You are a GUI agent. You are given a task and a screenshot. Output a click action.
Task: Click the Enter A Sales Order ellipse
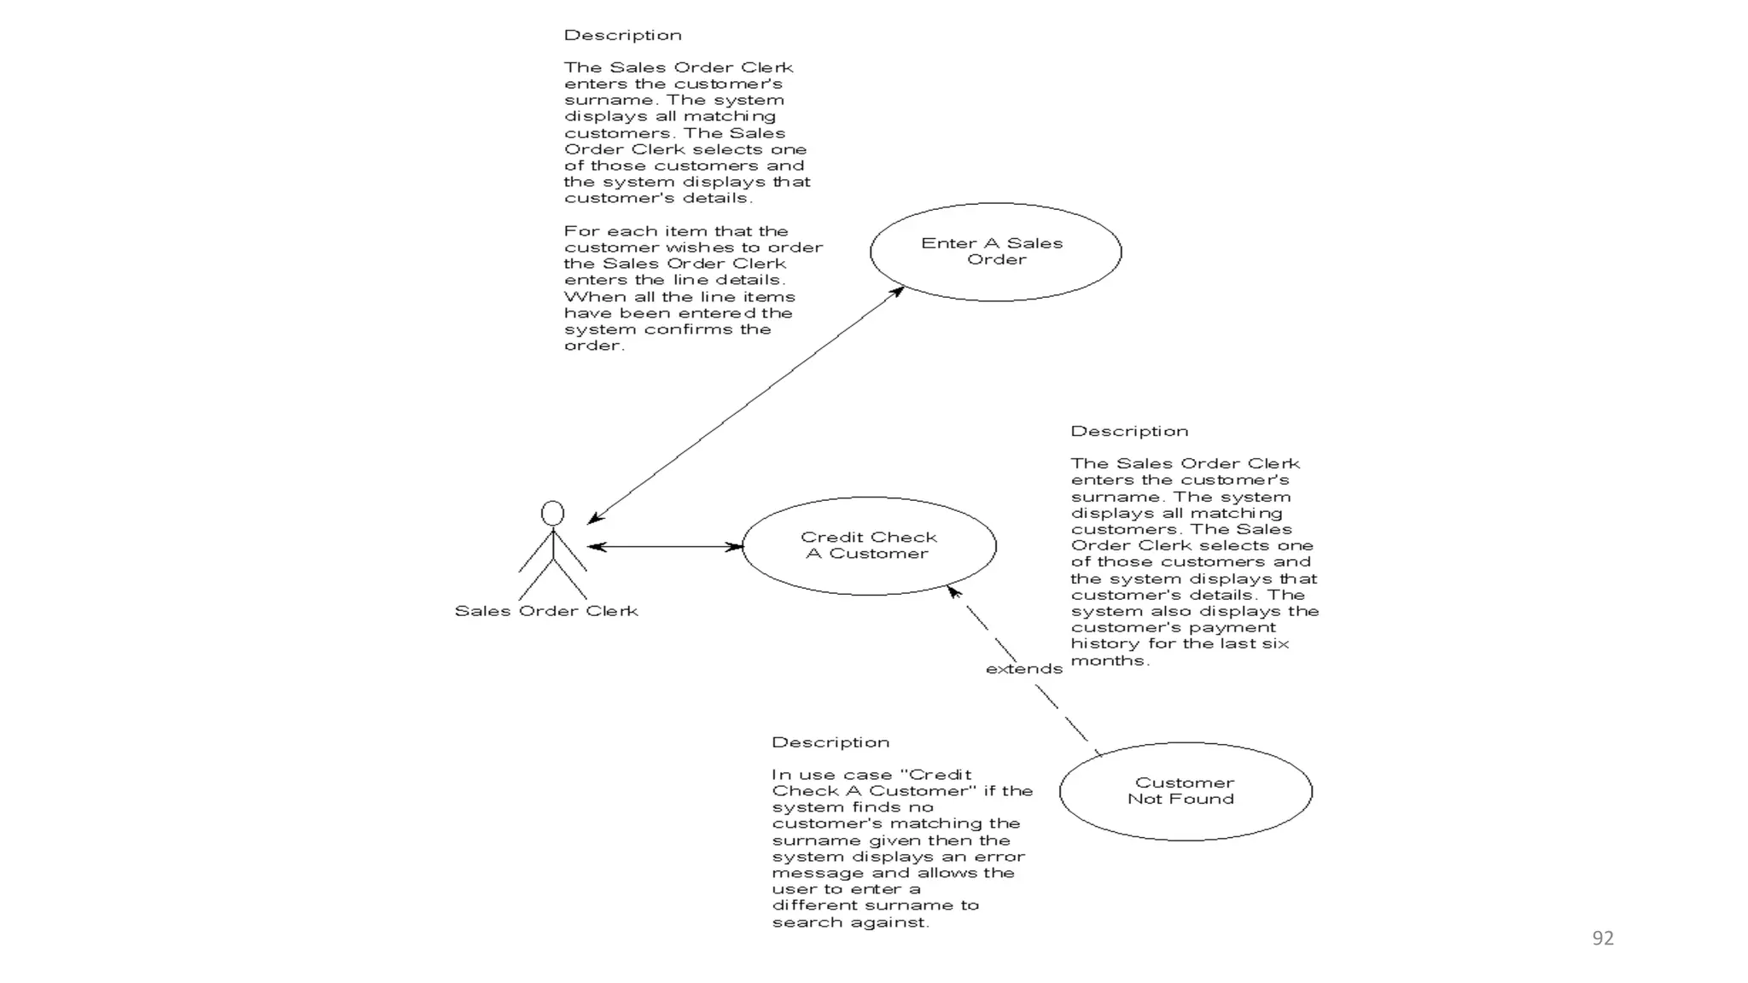(x=995, y=252)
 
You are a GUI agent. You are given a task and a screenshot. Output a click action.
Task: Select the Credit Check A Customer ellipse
(x=869, y=546)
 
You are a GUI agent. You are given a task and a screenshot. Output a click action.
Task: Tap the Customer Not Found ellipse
(x=1185, y=791)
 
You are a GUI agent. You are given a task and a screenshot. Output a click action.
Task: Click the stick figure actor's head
(x=552, y=513)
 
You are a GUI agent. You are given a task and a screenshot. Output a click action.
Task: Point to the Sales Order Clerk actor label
(x=546, y=611)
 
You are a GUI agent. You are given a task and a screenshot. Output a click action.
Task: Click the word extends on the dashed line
(x=1023, y=669)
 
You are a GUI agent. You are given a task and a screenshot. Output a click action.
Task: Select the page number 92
(x=1603, y=939)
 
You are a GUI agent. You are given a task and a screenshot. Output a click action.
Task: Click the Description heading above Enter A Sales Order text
(x=622, y=35)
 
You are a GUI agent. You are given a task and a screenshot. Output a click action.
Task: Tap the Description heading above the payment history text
(x=1129, y=431)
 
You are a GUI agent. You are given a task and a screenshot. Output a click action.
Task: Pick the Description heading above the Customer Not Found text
(x=830, y=742)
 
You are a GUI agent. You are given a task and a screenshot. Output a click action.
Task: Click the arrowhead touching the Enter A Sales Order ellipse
(x=897, y=292)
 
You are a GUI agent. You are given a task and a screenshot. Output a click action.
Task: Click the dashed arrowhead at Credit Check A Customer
(x=954, y=590)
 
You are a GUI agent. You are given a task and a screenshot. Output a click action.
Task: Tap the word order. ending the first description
(x=594, y=346)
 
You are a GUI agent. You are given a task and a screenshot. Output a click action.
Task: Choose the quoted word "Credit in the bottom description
(x=935, y=775)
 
